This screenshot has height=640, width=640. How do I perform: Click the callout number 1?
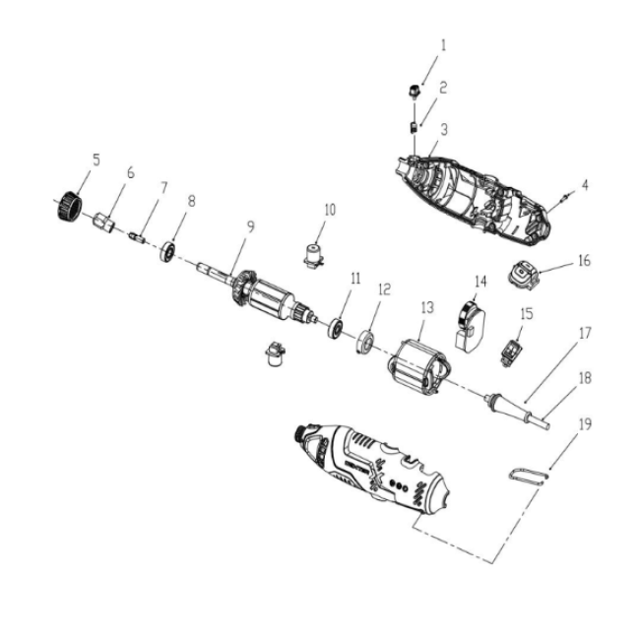point(444,45)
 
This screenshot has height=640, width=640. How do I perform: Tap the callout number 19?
point(585,424)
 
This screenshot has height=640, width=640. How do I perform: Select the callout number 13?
point(427,308)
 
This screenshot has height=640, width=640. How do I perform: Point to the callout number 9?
point(251,226)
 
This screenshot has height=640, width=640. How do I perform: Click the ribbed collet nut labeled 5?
point(69,206)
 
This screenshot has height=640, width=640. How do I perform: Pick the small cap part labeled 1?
point(414,91)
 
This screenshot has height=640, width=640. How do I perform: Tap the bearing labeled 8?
point(167,251)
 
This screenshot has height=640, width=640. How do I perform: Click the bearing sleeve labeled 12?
point(365,342)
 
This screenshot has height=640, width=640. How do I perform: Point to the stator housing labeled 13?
point(418,367)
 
